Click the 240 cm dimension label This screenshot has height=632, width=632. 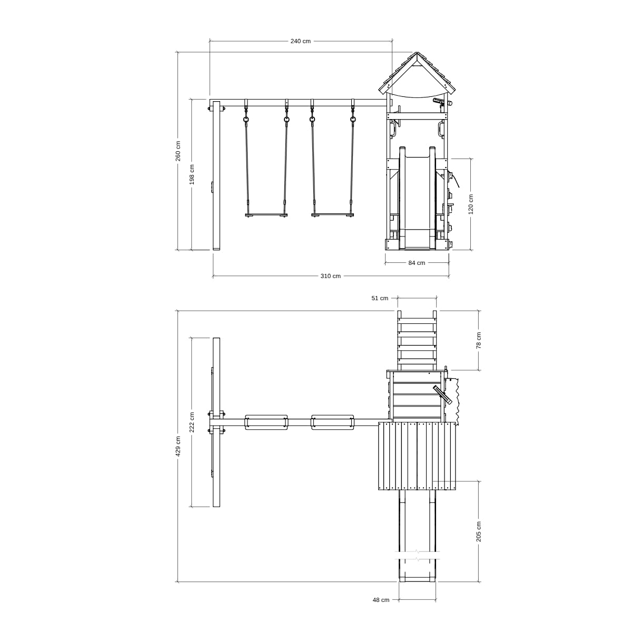tap(300, 41)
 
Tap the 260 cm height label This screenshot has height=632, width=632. tap(178, 151)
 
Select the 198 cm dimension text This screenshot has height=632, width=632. tap(192, 174)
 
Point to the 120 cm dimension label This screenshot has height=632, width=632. tap(471, 204)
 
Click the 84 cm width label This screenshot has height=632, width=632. tap(417, 263)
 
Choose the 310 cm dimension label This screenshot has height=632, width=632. tap(331, 276)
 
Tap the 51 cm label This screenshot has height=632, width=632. tap(380, 298)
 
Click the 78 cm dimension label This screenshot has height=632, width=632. tap(479, 340)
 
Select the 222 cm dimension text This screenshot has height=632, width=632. tap(192, 422)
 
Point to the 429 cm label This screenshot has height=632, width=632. tap(178, 446)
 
